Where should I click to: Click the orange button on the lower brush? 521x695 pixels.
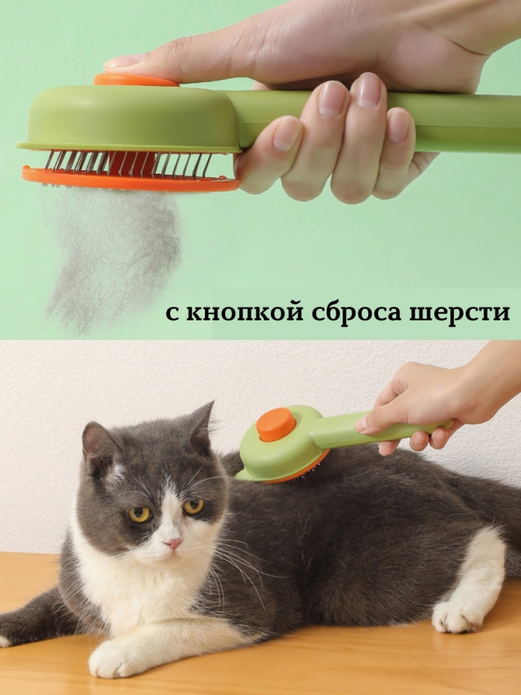pyautogui.click(x=276, y=425)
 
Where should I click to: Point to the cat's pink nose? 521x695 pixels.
pyautogui.click(x=173, y=543)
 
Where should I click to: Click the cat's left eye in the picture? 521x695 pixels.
pyautogui.click(x=139, y=514)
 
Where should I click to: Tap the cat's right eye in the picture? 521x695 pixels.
pyautogui.click(x=194, y=506)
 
